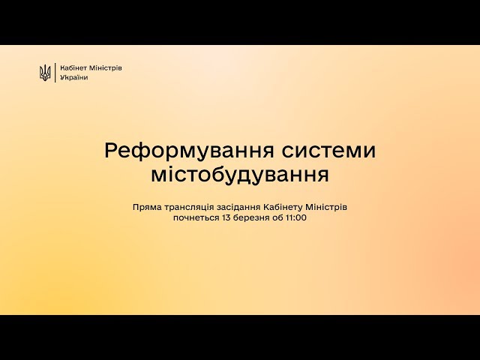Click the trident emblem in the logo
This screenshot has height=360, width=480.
45,73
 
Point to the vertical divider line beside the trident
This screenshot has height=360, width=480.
55,73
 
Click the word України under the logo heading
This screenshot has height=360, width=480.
74,77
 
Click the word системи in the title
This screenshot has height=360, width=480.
328,151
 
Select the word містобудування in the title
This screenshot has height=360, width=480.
240,175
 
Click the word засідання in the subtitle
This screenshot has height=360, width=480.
238,208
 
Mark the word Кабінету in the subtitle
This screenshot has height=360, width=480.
283,207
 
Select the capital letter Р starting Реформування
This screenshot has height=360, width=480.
111,151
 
